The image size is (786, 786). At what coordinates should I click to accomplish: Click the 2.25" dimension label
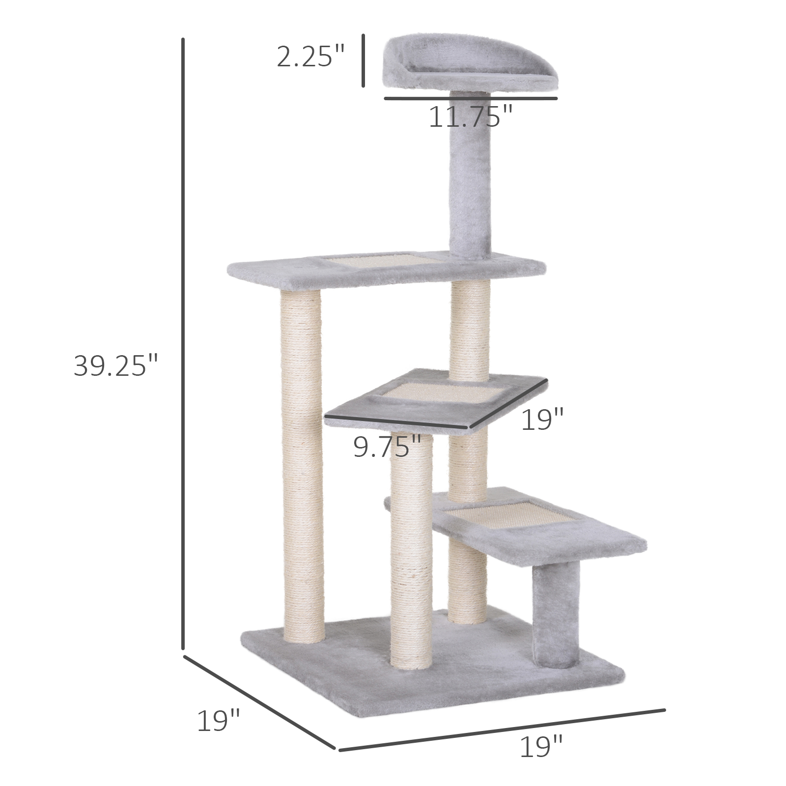pos(310,56)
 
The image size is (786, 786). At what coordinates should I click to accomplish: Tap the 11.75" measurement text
pos(470,117)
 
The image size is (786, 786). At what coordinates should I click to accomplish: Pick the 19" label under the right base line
pos(541,747)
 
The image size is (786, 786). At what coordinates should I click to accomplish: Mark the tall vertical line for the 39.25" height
pos(183,344)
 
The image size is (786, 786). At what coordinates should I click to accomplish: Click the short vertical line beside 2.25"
pos(364,60)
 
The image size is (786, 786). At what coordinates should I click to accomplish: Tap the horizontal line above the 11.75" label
pos(471,99)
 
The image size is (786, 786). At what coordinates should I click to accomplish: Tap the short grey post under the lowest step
pos(556,614)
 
